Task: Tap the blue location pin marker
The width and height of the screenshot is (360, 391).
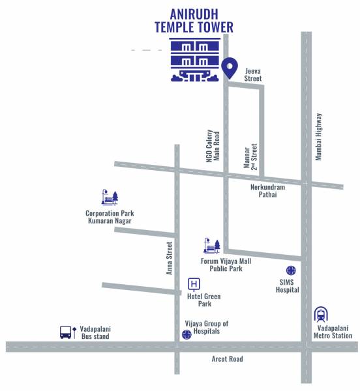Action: pos(229,68)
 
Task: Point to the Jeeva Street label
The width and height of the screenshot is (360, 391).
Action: pos(252,74)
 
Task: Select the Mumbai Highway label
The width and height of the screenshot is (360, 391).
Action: pos(319,137)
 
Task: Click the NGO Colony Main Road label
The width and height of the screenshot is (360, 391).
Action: pos(213,144)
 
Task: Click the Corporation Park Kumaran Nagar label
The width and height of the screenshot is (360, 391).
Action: pos(108,217)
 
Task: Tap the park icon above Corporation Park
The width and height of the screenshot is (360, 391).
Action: pos(109,197)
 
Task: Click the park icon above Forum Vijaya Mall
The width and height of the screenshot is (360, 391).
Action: pos(212,246)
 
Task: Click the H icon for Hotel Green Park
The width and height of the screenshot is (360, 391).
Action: pos(194,283)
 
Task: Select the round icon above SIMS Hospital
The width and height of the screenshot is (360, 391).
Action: pos(291,270)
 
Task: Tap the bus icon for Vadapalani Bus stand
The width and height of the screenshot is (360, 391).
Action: pos(66,332)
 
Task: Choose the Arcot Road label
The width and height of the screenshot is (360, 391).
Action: pos(227,359)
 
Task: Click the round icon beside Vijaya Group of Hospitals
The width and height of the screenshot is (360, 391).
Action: pos(187,335)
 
